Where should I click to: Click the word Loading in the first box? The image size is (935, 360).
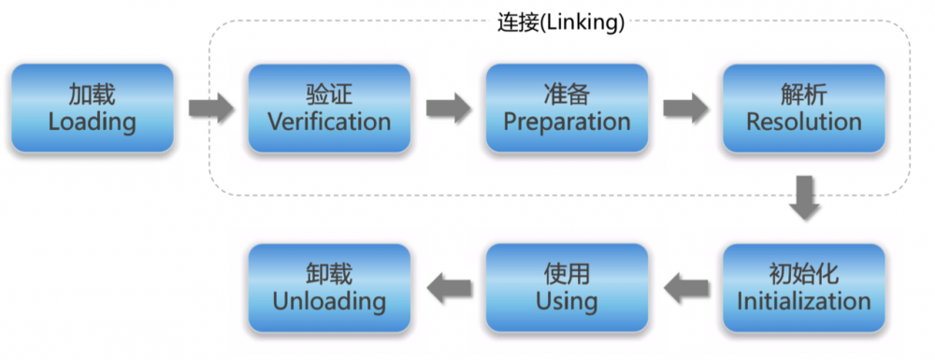coord(92,122)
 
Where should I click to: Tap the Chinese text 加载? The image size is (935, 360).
coord(92,94)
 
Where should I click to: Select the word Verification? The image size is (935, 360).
coord(329,122)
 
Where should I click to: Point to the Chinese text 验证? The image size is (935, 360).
coord(329,94)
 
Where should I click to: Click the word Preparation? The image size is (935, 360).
coord(567,122)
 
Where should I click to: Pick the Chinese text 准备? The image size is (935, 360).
coord(567,94)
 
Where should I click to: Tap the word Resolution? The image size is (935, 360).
coord(804,122)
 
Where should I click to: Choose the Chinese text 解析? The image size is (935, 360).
coord(804,94)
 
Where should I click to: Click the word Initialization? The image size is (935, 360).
coord(804,301)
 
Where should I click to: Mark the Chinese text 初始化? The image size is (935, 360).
coord(804,274)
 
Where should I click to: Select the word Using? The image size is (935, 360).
coord(567,301)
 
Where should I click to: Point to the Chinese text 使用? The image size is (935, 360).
coord(567,274)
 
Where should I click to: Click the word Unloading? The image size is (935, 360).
coord(329,301)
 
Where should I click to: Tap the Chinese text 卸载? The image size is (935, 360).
coord(329,274)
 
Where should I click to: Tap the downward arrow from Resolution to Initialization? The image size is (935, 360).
coord(804,197)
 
